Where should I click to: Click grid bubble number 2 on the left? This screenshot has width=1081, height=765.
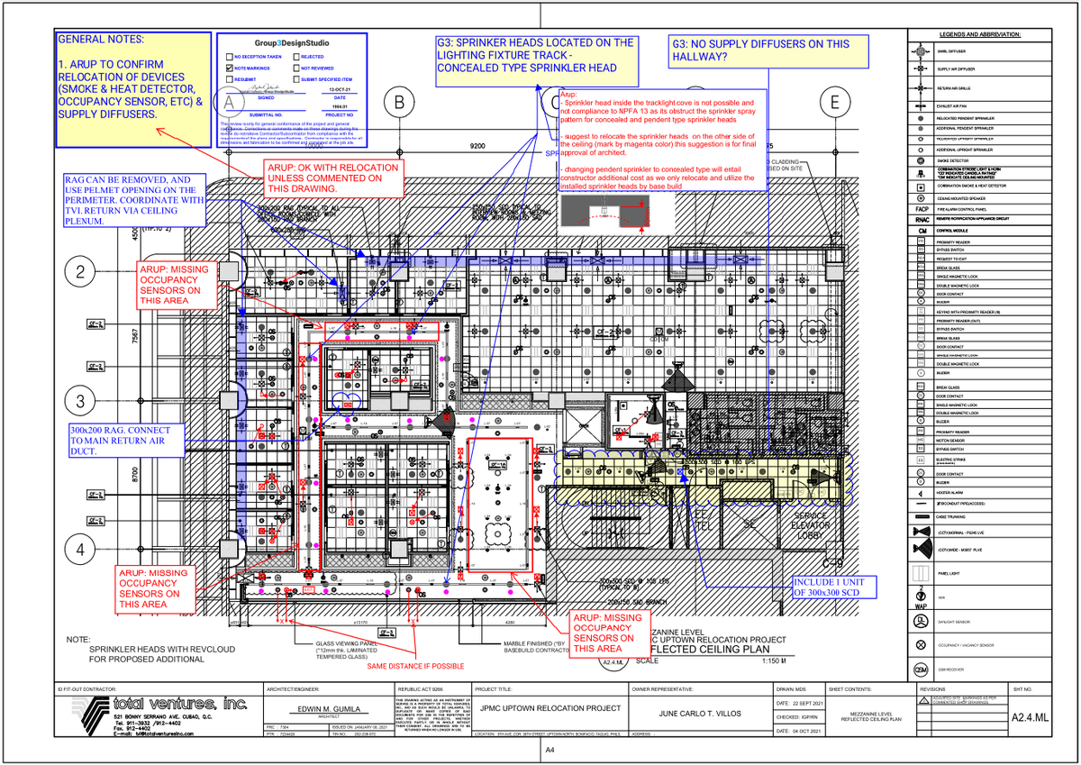click(81, 272)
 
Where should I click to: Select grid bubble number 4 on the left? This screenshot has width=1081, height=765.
click(81, 549)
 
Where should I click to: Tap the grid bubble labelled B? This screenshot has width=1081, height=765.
click(398, 104)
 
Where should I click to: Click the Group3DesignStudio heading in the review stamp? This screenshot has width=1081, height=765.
click(291, 41)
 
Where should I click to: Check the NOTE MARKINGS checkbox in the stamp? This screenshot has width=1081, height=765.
click(229, 68)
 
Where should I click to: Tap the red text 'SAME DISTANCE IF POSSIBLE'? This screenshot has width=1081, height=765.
click(415, 666)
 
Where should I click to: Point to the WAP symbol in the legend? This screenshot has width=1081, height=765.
click(921, 599)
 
